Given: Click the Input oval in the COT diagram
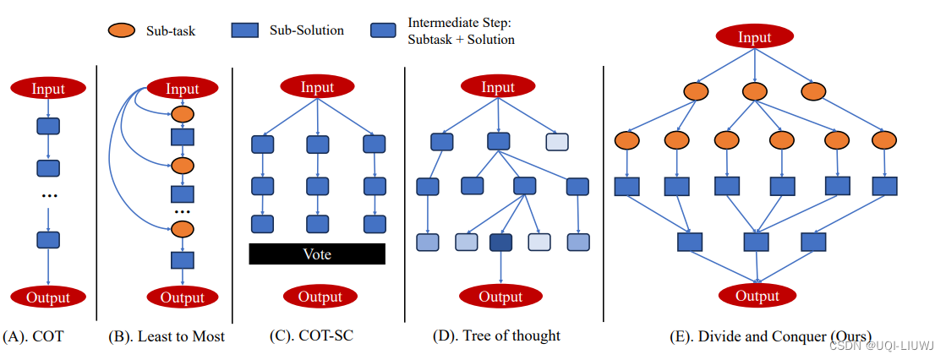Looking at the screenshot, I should tap(48, 88).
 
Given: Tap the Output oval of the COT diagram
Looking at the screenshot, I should tap(48, 297).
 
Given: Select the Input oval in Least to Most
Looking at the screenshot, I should tap(183, 88).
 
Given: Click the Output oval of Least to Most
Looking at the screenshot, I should tap(183, 297).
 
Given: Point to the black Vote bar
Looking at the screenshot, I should tap(317, 254).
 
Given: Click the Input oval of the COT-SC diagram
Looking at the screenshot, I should tap(317, 86).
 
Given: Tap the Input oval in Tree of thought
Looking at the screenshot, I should tap(498, 86).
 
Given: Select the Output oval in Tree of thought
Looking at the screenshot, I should tap(501, 297).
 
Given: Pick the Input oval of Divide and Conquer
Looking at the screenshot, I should tap(754, 36).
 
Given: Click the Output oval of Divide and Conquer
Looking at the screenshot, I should tap(757, 296).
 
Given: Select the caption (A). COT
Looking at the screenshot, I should tap(35, 336).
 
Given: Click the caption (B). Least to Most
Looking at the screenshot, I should tap(167, 336).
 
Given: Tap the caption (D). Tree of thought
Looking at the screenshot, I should tap(496, 336).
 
